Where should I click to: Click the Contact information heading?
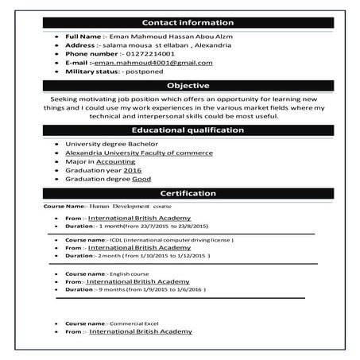point(188,23)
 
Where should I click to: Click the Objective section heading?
point(188,85)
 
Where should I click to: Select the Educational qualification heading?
point(188,130)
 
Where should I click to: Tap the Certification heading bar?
point(188,193)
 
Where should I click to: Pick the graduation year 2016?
point(133,170)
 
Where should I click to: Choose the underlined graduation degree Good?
point(141,179)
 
